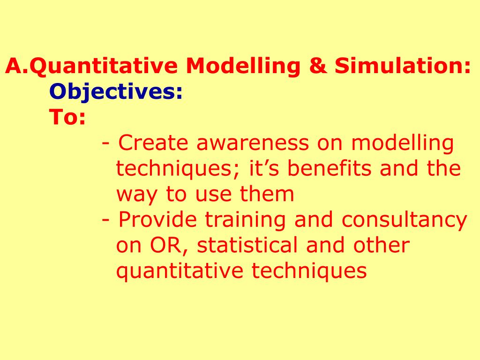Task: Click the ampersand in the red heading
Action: tap(318, 66)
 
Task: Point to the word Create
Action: tap(153, 142)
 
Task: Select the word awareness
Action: tap(253, 143)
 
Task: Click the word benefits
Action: tap(330, 168)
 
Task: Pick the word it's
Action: tap(264, 168)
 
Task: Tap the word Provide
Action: tap(157, 219)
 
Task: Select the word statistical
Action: tap(247, 245)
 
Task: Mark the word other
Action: tap(381, 245)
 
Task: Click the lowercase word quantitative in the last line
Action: tap(180, 270)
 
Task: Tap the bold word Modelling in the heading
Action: tap(243, 66)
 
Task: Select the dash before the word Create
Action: tap(105, 143)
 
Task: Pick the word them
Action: tap(267, 194)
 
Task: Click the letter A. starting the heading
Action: tap(16, 66)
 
